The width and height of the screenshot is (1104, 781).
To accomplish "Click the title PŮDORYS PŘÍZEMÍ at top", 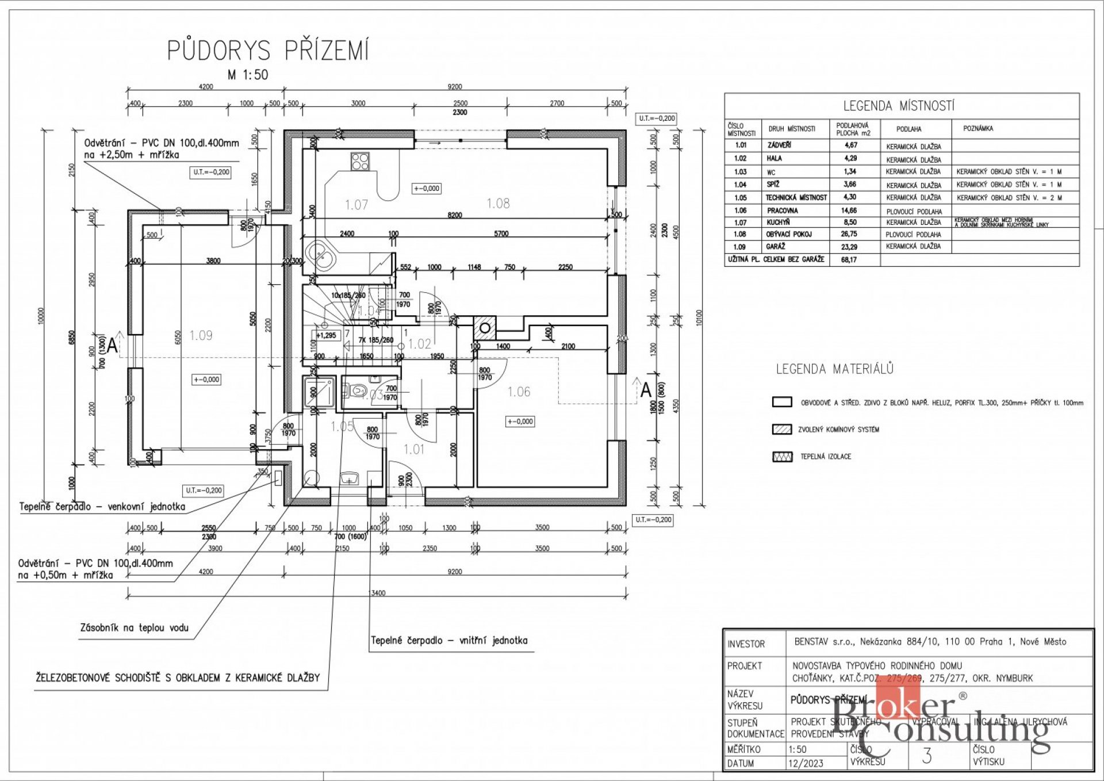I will [268, 51].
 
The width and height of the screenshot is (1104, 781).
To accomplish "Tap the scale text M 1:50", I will [248, 75].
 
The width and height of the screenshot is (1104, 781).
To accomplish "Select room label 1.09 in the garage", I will [201, 335].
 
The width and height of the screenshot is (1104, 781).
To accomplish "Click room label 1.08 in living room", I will [498, 203].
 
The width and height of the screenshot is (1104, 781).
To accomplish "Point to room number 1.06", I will [519, 392].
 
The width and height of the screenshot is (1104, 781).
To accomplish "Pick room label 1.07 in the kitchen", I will [356, 205].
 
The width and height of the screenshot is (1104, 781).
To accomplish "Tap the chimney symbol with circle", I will [485, 328].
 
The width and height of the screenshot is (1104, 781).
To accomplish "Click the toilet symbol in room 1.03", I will [357, 391].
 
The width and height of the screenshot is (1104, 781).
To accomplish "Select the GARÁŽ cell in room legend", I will [775, 247].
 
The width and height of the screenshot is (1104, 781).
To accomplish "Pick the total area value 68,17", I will [849, 260].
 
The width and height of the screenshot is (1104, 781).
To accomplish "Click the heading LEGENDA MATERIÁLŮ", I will [834, 369].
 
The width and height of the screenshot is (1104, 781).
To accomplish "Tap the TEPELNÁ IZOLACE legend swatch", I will [782, 457].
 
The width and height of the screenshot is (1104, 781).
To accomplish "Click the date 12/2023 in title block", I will [806, 763].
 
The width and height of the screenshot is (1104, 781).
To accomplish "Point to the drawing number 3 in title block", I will [926, 756].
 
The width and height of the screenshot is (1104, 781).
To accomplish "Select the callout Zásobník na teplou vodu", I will [135, 628].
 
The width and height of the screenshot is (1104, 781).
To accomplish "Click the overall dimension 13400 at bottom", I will [377, 593].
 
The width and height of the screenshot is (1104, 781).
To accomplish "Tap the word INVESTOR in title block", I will [746, 644].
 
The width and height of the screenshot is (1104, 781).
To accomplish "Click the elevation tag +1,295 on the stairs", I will [326, 335].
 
